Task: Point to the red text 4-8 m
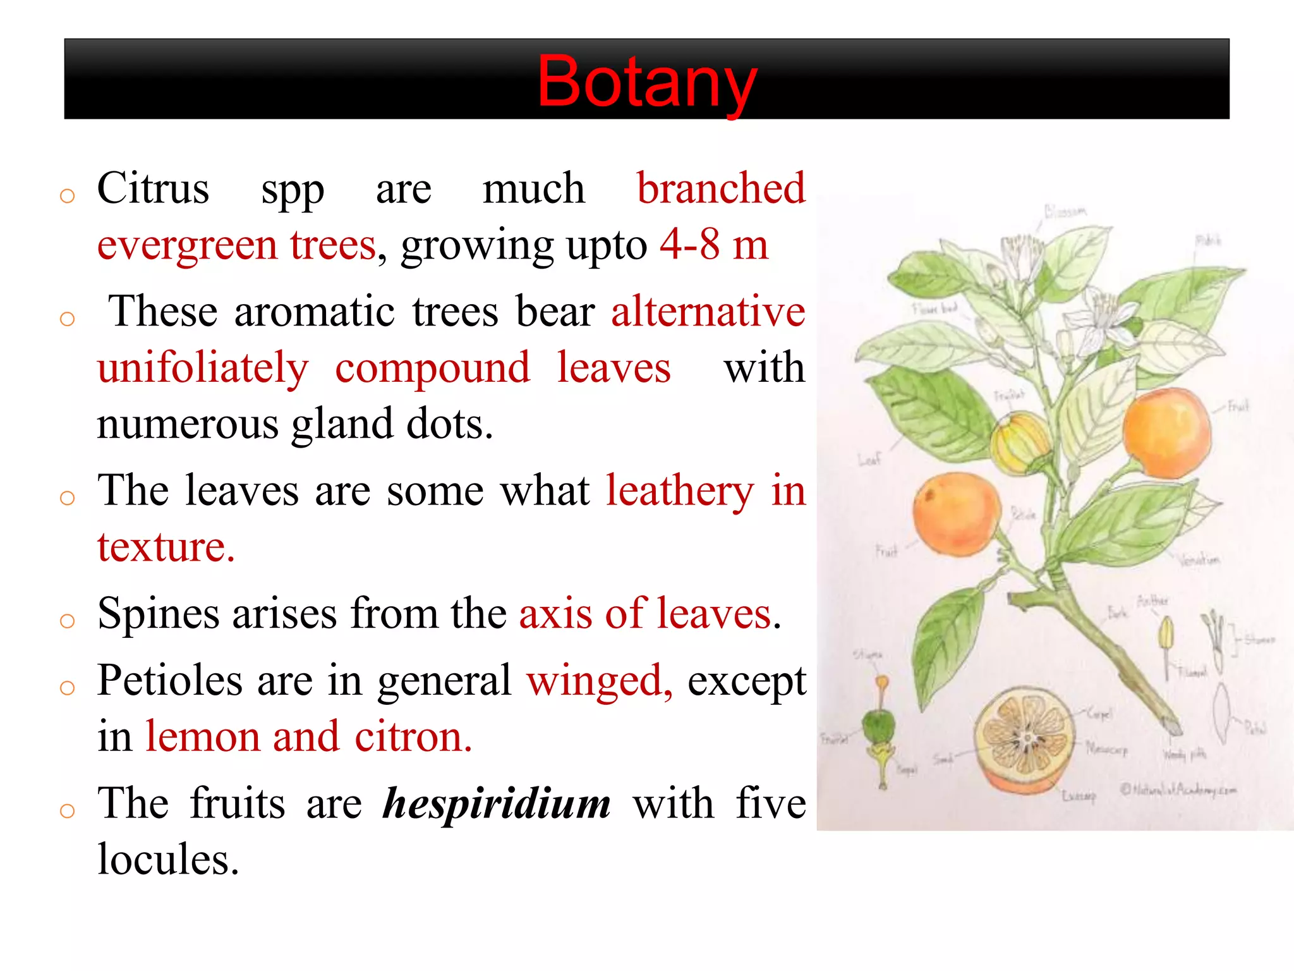point(714,245)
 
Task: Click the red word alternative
point(708,311)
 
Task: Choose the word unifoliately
point(203,368)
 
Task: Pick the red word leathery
point(680,491)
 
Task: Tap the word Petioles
point(169,681)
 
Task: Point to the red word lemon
point(202,737)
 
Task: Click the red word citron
point(413,737)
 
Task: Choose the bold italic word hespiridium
point(497,803)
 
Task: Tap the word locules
point(168,860)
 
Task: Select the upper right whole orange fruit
point(1166,433)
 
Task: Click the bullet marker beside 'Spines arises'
point(67,621)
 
